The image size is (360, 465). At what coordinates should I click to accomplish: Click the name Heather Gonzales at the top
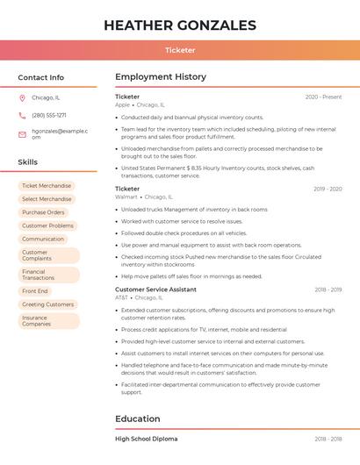(x=180, y=25)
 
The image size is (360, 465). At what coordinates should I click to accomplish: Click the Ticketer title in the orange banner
(x=180, y=50)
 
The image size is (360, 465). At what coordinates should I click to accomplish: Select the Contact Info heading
(x=40, y=77)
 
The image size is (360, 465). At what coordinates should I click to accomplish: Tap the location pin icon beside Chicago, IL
(x=22, y=97)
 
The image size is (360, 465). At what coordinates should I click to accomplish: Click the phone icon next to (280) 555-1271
(x=22, y=115)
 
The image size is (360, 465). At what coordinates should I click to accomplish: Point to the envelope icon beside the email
(x=22, y=134)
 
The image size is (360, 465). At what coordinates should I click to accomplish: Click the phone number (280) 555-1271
(x=49, y=115)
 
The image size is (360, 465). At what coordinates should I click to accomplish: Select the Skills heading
(x=28, y=162)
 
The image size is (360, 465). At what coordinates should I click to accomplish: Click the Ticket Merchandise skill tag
(x=47, y=186)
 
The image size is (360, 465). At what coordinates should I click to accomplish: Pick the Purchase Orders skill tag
(x=43, y=212)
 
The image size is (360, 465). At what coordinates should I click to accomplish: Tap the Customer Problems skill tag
(x=47, y=225)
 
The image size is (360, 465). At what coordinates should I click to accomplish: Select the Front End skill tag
(x=35, y=291)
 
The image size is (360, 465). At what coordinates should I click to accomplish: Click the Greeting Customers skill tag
(x=47, y=304)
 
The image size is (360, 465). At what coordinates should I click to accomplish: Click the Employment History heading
(x=161, y=77)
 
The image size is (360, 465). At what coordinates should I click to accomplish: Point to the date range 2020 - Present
(x=323, y=97)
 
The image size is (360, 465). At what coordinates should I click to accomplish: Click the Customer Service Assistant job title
(x=155, y=290)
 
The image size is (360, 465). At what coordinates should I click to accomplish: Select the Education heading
(x=138, y=418)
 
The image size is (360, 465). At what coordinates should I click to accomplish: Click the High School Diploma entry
(x=146, y=439)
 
